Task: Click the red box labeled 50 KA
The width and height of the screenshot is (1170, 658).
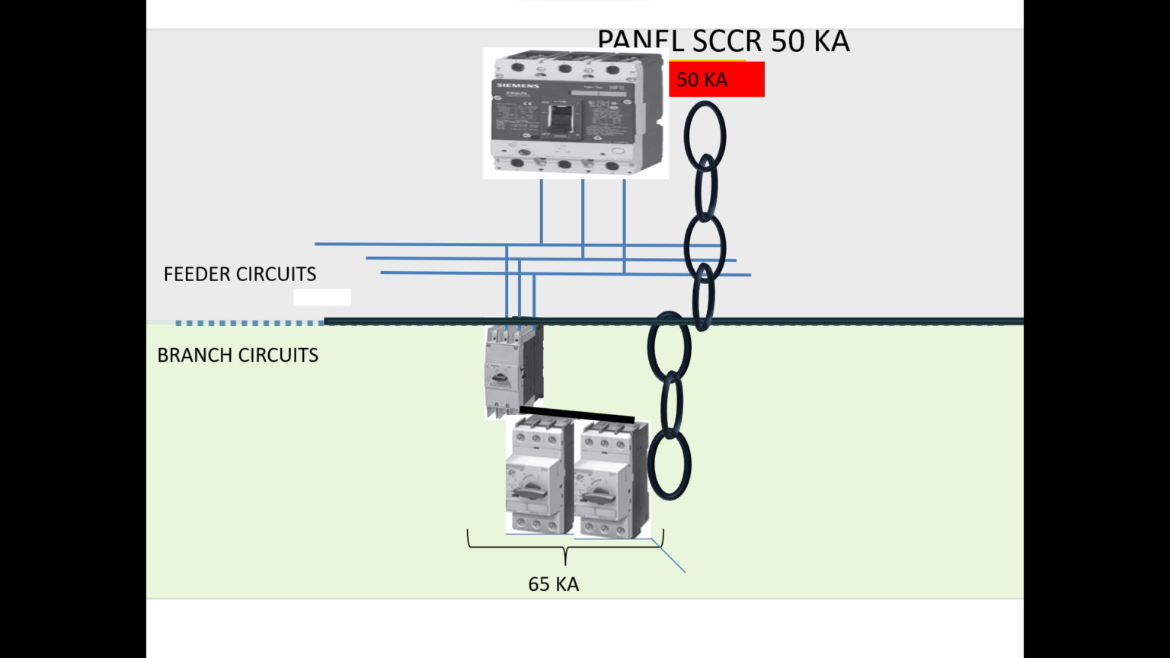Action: point(716,79)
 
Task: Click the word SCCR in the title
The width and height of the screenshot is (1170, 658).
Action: point(729,41)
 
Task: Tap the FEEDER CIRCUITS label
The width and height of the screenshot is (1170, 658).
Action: point(239,274)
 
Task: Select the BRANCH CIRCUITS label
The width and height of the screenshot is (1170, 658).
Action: point(238,356)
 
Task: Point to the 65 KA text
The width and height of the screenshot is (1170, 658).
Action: point(553,584)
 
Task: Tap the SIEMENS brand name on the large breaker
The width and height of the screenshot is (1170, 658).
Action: point(518,85)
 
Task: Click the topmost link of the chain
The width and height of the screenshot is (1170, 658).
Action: point(705,136)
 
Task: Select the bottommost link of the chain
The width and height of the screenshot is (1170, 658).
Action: point(669,465)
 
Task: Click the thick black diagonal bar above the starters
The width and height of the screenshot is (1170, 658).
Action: point(577,414)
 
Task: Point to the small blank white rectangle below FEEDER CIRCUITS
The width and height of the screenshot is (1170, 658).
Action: point(322,297)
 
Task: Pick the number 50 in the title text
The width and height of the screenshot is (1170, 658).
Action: point(788,41)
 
